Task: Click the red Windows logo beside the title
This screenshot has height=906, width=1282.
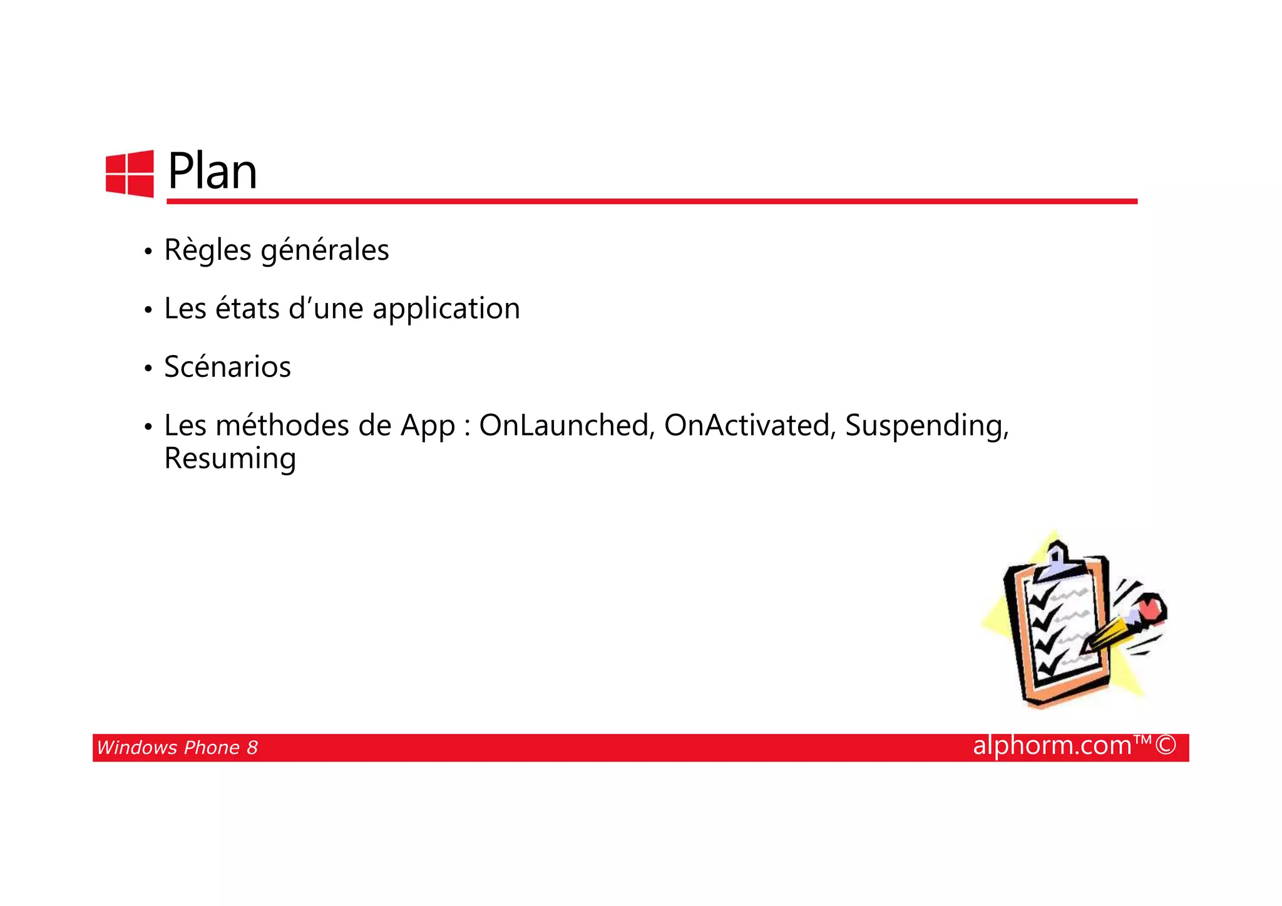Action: tap(130, 174)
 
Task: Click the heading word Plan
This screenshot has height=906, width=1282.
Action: tap(212, 172)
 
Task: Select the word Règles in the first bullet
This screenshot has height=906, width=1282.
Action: tap(208, 250)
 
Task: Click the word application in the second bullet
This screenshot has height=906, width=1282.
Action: tap(446, 309)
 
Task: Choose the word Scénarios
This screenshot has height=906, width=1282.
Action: tap(227, 367)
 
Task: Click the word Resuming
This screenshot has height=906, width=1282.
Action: tap(230, 459)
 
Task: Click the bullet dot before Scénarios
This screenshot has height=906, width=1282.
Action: tap(148, 368)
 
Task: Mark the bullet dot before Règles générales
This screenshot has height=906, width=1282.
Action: tap(148, 252)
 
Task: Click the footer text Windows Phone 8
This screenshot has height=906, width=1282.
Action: tap(177, 748)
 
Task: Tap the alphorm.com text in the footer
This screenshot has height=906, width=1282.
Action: tap(1052, 746)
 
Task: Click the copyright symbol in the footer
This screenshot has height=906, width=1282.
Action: tap(1166, 746)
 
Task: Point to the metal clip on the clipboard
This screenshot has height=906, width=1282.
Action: tap(1057, 562)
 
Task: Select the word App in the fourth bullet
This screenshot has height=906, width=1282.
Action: tap(428, 426)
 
